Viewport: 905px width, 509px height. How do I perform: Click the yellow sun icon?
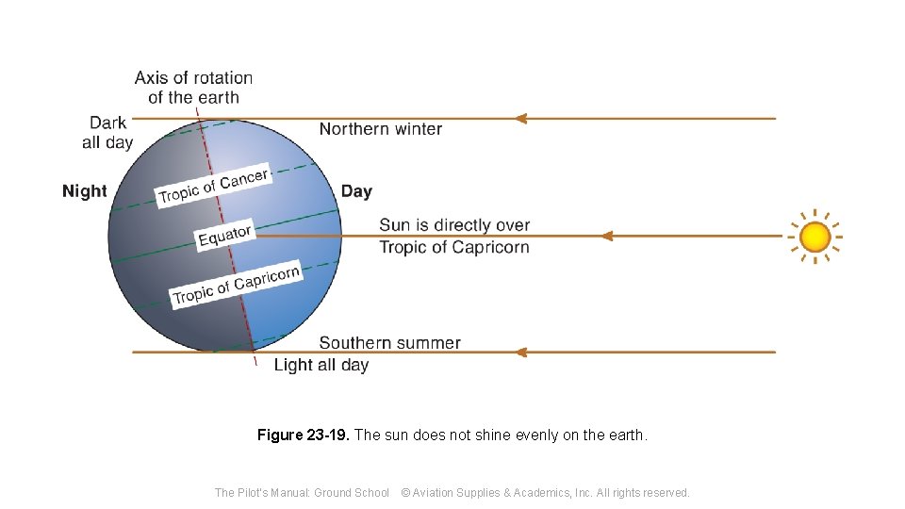pos(814,237)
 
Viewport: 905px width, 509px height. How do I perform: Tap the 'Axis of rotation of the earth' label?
pos(193,88)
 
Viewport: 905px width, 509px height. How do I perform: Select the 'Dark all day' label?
pos(107,133)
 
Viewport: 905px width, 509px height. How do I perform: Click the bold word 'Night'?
pos(85,191)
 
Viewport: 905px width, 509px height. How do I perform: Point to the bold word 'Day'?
pos(356,191)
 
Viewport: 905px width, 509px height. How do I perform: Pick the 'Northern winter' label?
pos(380,129)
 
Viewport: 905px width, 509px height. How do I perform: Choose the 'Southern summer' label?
pos(389,343)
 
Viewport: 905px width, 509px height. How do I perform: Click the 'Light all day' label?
pos(321,365)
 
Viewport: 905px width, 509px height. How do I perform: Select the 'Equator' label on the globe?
pos(224,236)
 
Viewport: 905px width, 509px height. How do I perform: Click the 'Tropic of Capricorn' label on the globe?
pos(236,285)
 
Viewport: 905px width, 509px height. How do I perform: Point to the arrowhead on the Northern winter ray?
pos(519,119)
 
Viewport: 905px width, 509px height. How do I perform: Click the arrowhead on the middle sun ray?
pos(606,236)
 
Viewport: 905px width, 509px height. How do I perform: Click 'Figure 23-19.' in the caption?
pos(303,435)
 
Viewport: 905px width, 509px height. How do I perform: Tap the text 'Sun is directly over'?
pos(454,225)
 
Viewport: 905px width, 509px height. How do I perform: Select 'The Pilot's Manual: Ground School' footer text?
pos(302,492)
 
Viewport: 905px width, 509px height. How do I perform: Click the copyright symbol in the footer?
pos(405,492)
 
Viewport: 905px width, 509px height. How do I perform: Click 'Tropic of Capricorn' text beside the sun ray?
pos(454,247)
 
